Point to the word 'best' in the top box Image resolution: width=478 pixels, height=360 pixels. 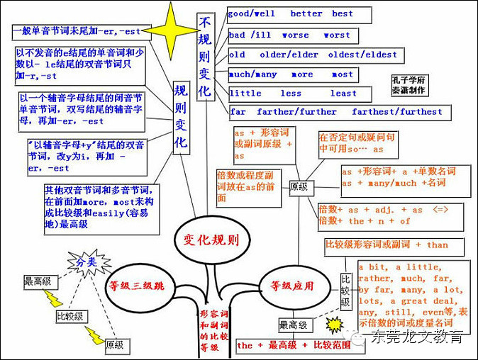coord(343,13)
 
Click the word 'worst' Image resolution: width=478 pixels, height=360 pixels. coord(336,35)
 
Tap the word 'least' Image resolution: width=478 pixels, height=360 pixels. coord(343,93)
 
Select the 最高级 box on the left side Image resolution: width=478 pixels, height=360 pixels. coord(37,281)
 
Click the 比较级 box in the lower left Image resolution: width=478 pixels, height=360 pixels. coord(70,317)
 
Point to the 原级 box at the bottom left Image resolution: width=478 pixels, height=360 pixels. coord(114,345)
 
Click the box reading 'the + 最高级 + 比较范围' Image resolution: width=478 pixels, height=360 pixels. coord(289,345)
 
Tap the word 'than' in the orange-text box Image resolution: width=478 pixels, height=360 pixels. coord(438,244)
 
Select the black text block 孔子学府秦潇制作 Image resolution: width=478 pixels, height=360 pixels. coord(408,85)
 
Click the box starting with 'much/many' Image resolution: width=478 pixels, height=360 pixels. coord(291,74)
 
